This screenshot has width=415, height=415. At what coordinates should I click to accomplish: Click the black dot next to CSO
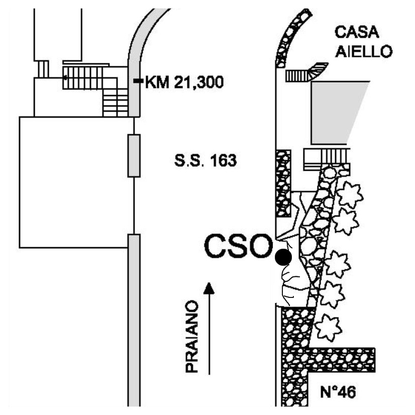[x=283, y=257]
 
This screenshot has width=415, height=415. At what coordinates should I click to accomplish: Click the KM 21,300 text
[x=184, y=82]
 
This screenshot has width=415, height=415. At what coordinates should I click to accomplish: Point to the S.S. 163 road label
[x=205, y=161]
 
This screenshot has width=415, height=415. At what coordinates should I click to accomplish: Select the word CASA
[x=357, y=32]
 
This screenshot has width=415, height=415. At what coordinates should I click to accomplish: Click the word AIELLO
[x=363, y=52]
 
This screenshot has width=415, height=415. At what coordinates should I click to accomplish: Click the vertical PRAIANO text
[x=192, y=336]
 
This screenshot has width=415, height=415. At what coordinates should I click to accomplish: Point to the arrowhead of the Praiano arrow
[x=209, y=288]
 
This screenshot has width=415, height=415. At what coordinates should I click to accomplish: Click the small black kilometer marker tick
[x=138, y=81]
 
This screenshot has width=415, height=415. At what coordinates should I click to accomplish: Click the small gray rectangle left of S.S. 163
[x=134, y=156]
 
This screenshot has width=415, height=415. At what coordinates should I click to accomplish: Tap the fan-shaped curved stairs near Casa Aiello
[x=319, y=70]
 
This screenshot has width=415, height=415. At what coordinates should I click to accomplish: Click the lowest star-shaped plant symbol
[x=328, y=327]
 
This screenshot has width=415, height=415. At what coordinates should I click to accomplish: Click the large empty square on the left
[x=77, y=182]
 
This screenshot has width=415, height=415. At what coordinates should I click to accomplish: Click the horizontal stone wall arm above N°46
[x=342, y=360]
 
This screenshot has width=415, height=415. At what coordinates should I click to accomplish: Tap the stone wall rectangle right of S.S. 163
[x=283, y=184]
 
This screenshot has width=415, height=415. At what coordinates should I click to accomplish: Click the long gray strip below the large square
[x=134, y=320]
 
